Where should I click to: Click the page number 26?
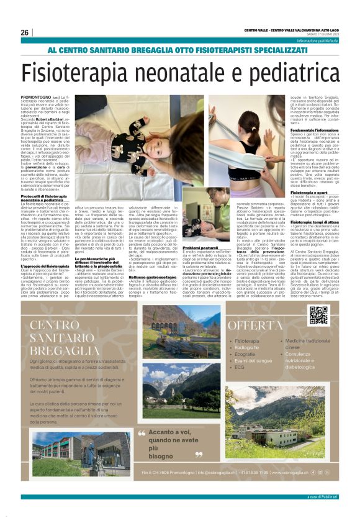25,32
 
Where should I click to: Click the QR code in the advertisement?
318,315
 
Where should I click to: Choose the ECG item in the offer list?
240,366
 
